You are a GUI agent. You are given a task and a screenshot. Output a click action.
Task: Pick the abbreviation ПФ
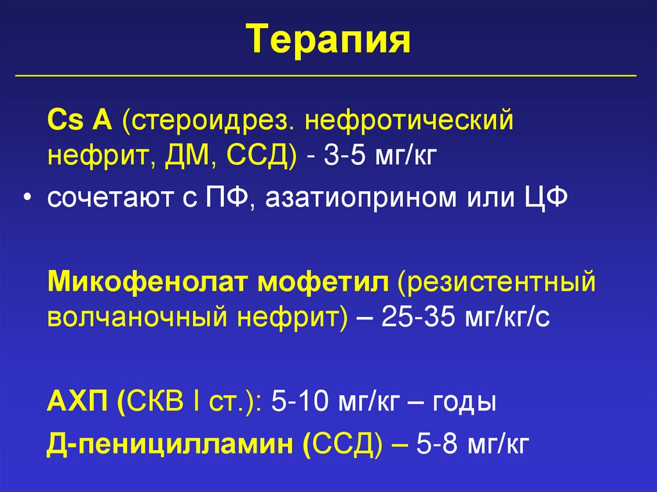point(225,198)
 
